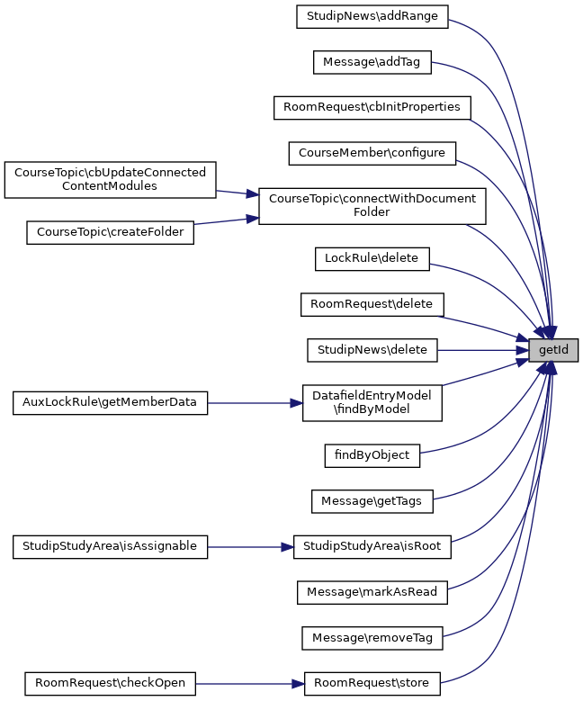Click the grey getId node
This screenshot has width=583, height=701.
pos(552,350)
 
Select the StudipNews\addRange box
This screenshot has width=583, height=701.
pos(372,16)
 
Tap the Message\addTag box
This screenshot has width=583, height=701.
pos(372,62)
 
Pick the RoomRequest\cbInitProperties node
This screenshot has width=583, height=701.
pos(372,107)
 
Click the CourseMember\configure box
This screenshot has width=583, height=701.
pos(372,153)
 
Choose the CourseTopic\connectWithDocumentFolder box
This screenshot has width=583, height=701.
pos(372,206)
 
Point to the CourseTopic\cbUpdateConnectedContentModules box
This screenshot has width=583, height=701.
pos(110,179)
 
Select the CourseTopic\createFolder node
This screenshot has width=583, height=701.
pos(110,232)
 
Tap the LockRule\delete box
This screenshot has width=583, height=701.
pos(372,258)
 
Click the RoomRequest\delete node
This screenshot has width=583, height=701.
pos(372,304)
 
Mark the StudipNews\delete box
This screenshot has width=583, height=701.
pos(372,350)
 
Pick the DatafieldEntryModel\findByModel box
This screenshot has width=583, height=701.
pos(372,402)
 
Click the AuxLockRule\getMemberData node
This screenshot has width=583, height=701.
pos(110,402)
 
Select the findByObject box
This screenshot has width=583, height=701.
pos(372,455)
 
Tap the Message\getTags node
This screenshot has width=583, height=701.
pos(372,500)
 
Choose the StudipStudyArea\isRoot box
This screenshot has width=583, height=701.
pos(372,546)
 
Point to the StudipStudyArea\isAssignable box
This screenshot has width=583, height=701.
pos(110,546)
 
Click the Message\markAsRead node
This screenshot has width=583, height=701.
pos(372,592)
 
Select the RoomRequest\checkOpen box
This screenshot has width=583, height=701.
pos(110,683)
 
